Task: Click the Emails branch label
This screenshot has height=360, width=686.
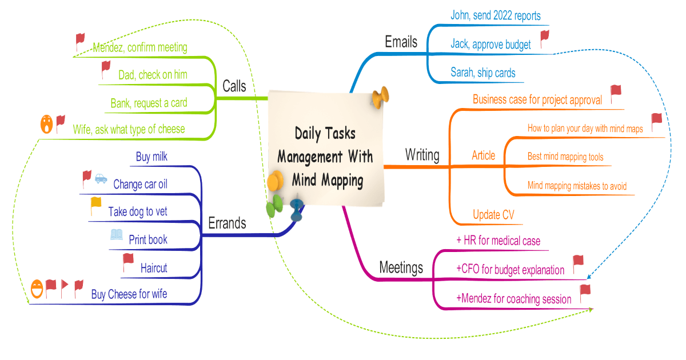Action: (x=401, y=42)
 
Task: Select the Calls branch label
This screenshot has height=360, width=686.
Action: (x=234, y=86)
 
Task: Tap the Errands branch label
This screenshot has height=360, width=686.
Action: (x=227, y=223)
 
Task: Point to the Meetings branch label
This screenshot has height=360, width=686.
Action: (x=401, y=267)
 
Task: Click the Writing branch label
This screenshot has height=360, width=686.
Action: (x=422, y=154)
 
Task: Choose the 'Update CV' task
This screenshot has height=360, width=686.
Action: (x=493, y=215)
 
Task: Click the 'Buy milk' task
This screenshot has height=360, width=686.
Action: (x=151, y=157)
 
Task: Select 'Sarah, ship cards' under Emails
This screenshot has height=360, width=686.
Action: (x=482, y=73)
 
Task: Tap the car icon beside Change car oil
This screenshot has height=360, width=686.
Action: (x=101, y=178)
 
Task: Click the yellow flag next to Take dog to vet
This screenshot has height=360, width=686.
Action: (x=95, y=205)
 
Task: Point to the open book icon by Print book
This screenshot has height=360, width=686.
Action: (x=117, y=234)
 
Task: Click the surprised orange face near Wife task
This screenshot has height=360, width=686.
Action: (x=46, y=123)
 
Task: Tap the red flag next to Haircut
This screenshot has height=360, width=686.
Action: (x=128, y=262)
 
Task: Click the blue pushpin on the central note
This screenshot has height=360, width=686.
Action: (x=296, y=209)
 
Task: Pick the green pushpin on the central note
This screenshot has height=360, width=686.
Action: (x=275, y=205)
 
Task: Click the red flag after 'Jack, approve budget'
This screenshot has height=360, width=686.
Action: (x=544, y=39)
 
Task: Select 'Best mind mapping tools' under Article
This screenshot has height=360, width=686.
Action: (x=565, y=157)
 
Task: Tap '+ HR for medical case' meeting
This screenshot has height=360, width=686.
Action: (x=498, y=241)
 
